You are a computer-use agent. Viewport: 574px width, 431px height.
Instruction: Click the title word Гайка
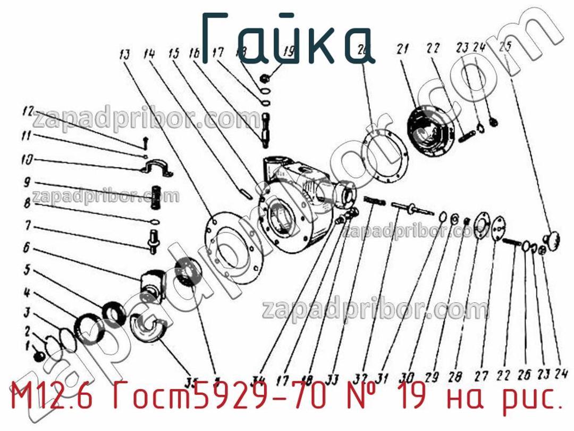coord(290,37)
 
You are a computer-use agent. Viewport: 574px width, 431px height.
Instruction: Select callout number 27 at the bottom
coord(481,377)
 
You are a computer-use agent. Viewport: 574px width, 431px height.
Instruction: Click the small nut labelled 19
coord(266,78)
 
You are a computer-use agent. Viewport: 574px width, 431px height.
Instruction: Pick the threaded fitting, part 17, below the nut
coord(266,127)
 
